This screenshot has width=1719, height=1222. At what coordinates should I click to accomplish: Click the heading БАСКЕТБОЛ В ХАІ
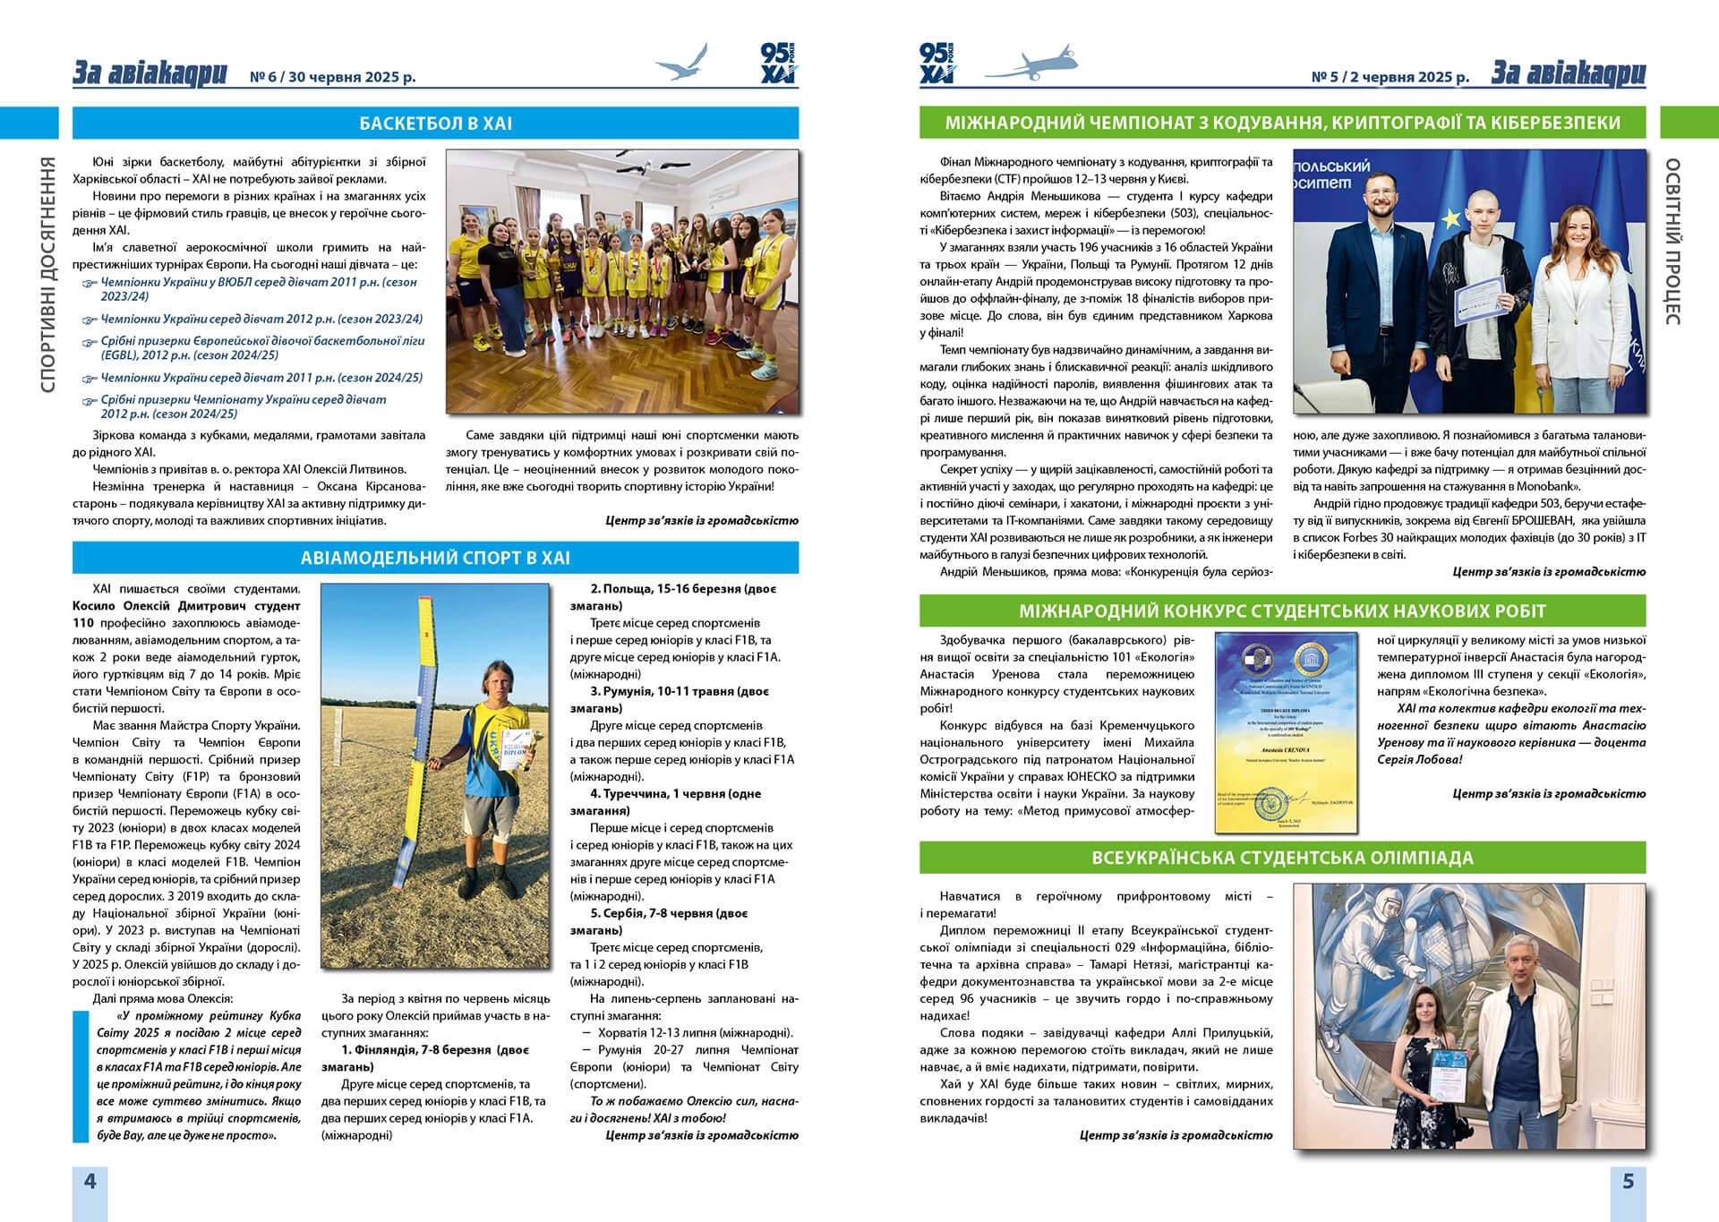435,124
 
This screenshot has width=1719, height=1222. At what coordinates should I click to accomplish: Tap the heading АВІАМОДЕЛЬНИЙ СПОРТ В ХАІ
435,558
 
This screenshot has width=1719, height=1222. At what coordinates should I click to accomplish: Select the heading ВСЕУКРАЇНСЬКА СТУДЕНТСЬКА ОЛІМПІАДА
1282,858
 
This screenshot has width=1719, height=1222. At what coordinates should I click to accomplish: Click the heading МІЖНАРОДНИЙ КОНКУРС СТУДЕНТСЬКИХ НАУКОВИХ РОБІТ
1282,611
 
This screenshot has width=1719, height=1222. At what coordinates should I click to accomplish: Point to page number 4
90,1182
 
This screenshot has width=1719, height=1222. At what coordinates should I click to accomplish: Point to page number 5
1628,1182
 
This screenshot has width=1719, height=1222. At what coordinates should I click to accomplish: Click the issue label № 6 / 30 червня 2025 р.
332,77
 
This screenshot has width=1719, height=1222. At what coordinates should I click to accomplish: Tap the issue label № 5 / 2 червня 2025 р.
1390,77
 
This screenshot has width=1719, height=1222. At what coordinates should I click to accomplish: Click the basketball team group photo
622,281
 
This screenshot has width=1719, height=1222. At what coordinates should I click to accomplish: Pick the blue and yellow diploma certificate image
1286,731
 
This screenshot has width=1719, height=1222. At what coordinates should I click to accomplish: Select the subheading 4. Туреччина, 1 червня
675,794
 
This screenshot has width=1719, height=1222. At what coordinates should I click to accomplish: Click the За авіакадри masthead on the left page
150,73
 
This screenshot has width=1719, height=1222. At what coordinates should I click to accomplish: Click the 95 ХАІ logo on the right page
937,63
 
